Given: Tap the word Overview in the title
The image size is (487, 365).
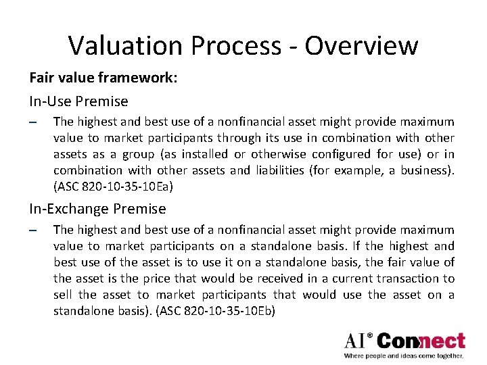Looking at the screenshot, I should (361, 45).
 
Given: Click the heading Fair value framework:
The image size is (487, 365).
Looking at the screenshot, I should (103, 78).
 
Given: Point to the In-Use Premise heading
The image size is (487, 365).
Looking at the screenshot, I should (78, 101).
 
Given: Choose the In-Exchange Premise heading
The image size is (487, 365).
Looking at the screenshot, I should (97, 209).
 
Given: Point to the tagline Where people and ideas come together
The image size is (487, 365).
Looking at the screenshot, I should (404, 356).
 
